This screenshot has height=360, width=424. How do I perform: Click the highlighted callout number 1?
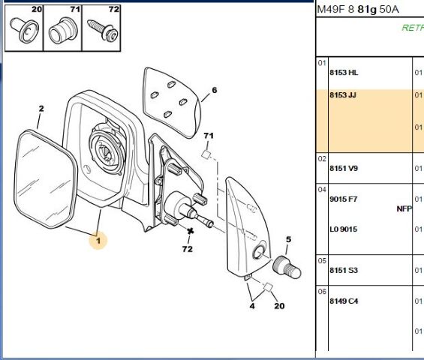click(x=98, y=241)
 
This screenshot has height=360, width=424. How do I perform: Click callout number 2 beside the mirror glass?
click(x=41, y=109)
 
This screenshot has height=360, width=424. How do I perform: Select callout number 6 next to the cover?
click(x=215, y=90)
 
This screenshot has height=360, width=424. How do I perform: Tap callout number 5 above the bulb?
click(x=288, y=239)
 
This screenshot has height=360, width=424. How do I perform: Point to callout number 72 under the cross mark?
click(x=188, y=249)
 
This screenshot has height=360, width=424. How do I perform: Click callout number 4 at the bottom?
click(x=252, y=306)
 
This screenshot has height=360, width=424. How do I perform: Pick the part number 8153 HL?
click(x=344, y=73)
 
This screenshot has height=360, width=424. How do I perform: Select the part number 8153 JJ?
click(x=343, y=95)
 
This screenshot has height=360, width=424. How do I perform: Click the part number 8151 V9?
click(x=344, y=169)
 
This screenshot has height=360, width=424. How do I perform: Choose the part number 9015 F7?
click(x=344, y=199)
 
